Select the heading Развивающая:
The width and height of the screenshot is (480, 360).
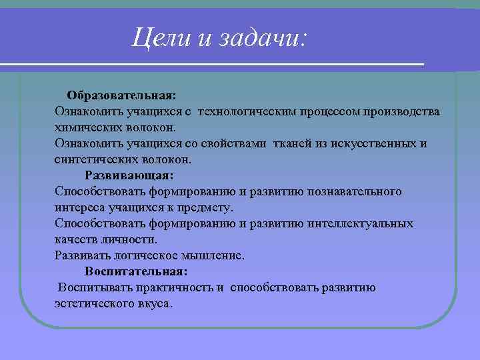point(129,176)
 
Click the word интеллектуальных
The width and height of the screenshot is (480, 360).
point(361,224)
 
